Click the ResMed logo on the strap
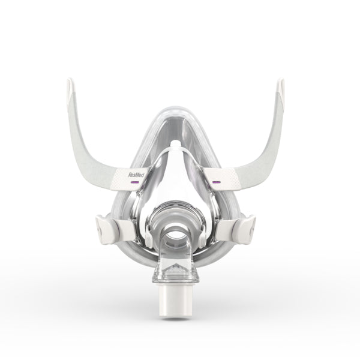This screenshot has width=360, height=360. pyautogui.click(x=136, y=175)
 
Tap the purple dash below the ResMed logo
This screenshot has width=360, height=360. pyautogui.click(x=135, y=182)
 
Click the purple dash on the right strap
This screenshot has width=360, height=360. pyautogui.click(x=216, y=182)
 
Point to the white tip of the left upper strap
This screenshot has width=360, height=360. pyautogui.click(x=70, y=89)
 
